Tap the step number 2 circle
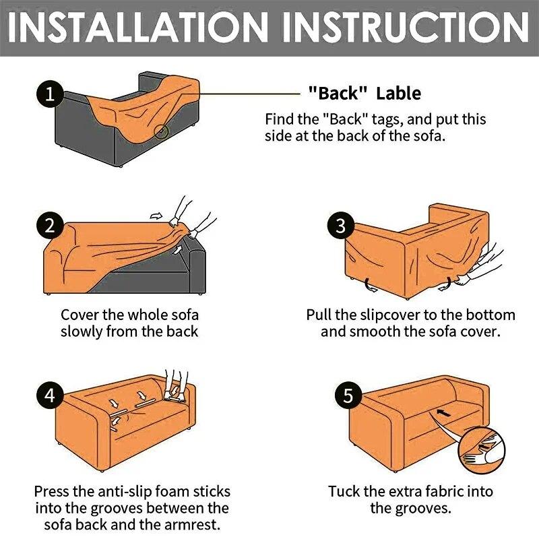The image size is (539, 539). tap(49, 225)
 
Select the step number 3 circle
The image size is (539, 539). tap(340, 225)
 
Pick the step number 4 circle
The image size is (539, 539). tap(49, 394)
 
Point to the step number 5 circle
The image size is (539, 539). tap(348, 395)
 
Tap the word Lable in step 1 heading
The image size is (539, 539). tap(398, 93)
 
